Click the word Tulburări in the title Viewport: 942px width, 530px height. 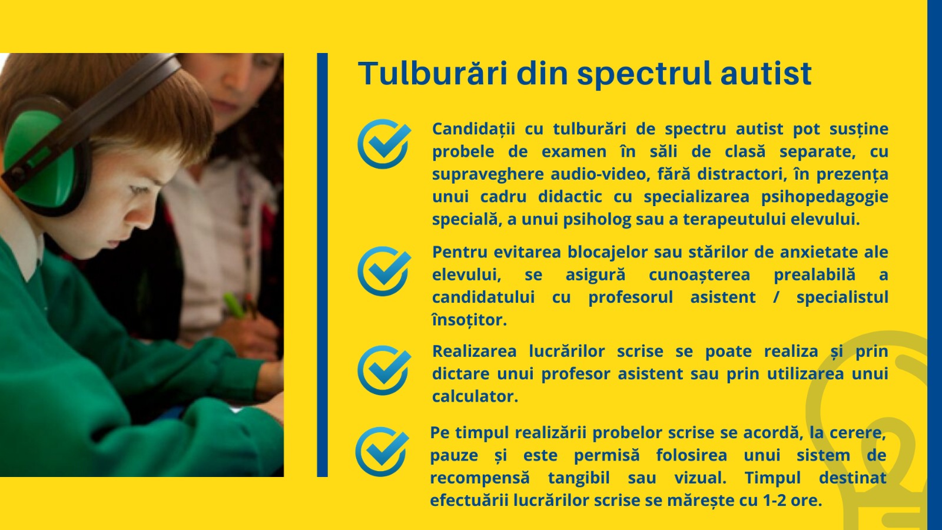pyautogui.click(x=433, y=73)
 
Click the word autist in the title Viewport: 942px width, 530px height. pyautogui.click(x=766, y=74)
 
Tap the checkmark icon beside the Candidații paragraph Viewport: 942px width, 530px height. pyautogui.click(x=384, y=144)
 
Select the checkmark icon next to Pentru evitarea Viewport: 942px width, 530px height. pyautogui.click(x=384, y=271)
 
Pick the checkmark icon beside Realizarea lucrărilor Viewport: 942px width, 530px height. pyautogui.click(x=384, y=370)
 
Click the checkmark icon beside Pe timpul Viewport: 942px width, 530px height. pyautogui.click(x=382, y=452)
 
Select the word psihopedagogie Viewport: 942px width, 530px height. pyautogui.click(x=825, y=197)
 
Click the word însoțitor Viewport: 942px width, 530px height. pyautogui.click(x=469, y=320)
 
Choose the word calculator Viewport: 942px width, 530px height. pyautogui.click(x=475, y=396)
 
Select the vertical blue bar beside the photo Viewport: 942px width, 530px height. pyautogui.click(x=322, y=265)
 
